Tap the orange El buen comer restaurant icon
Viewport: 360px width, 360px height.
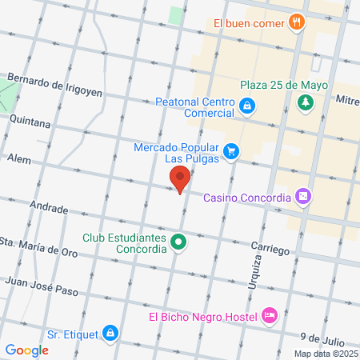pyautogui.click(x=298, y=22)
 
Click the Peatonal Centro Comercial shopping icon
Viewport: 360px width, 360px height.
pyautogui.click(x=248, y=105)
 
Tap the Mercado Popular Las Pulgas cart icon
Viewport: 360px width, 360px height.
pyautogui.click(x=230, y=150)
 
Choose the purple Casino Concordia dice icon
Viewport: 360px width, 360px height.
pyautogui.click(x=302, y=196)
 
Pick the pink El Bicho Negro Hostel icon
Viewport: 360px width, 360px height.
pyautogui.click(x=270, y=316)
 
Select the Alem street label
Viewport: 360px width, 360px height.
pyautogui.click(x=18, y=160)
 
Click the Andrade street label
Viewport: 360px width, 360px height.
pyautogui.click(x=48, y=207)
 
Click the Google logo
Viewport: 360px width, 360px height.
pyautogui.click(x=26, y=350)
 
